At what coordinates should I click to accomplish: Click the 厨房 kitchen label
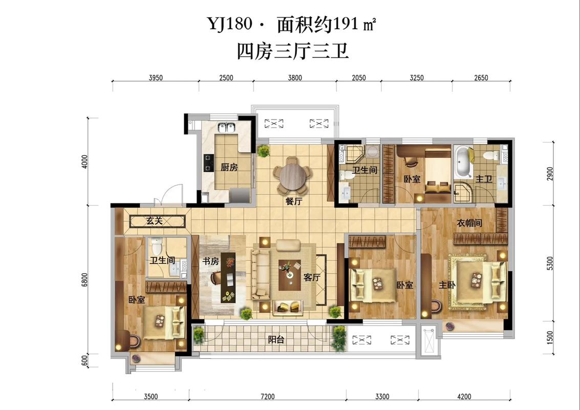click(229, 167)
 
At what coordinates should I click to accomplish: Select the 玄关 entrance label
click(154, 221)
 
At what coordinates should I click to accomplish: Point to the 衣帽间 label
click(469, 223)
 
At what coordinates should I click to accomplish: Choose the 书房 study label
click(210, 261)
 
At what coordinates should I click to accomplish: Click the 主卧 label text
click(446, 285)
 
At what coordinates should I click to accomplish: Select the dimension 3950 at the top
click(156, 78)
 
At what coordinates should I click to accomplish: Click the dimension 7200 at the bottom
click(267, 396)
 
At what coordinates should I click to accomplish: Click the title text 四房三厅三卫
click(292, 51)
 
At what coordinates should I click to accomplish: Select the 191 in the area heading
click(347, 23)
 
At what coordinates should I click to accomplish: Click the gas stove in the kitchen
click(209, 162)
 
